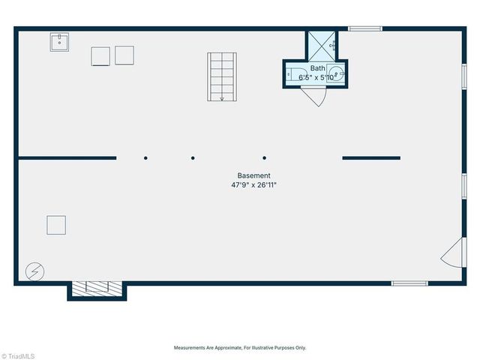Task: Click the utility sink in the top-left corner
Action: tap(59, 42)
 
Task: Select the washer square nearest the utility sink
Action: tap(100, 55)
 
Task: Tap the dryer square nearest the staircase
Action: tap(124, 55)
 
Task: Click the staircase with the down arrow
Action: tap(221, 76)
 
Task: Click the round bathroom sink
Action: tap(337, 74)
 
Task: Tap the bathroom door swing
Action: tap(315, 97)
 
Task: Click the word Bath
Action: tap(318, 68)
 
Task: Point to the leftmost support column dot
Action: tap(145, 158)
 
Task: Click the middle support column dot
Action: tap(193, 158)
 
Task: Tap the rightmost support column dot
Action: tap(265, 158)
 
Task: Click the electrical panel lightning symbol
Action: tap(34, 270)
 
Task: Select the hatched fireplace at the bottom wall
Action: tap(97, 287)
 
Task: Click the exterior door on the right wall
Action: tap(452, 254)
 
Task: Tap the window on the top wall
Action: tap(365, 29)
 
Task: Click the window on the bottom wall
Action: tap(409, 283)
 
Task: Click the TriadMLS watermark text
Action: tap(18, 355)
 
